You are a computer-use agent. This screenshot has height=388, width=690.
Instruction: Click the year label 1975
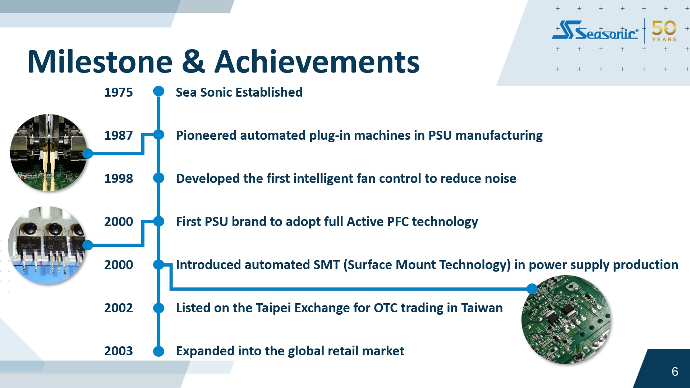click(119, 92)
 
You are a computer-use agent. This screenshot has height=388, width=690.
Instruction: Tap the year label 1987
click(119, 135)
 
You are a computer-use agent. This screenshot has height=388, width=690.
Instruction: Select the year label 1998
click(119, 179)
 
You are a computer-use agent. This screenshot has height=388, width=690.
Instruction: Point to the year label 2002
click(119, 308)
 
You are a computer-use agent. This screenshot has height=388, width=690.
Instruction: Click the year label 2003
click(119, 351)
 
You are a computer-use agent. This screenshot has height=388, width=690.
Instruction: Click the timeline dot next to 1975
click(158, 91)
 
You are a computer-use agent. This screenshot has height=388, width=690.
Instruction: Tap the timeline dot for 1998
click(158, 178)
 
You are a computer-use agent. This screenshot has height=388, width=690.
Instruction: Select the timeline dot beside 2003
click(158, 351)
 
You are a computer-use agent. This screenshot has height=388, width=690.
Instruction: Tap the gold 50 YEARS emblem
click(664, 31)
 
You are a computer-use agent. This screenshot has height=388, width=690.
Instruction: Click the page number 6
click(675, 371)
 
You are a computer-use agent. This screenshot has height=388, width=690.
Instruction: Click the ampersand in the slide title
click(193, 61)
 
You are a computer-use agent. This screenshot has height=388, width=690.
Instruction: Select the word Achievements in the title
click(317, 61)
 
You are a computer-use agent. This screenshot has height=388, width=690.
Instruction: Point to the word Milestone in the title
click(100, 61)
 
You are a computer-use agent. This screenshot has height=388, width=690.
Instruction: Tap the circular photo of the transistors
click(47, 245)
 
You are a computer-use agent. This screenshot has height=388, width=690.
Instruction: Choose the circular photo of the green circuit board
click(566, 319)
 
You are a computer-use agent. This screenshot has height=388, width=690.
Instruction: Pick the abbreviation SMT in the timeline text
click(326, 265)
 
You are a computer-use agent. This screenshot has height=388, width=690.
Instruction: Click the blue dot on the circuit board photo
click(532, 288)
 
